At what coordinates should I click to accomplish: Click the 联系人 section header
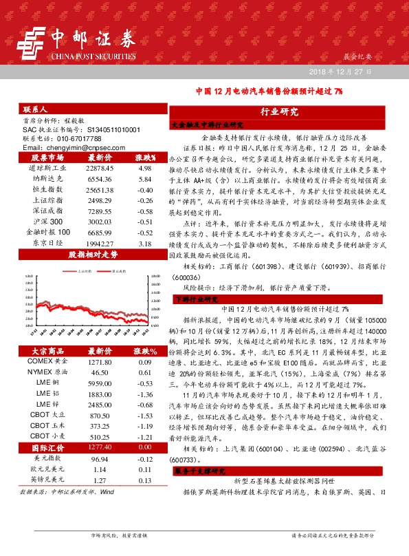[x=35, y=109]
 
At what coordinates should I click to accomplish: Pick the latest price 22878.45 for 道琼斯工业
[x=95, y=167]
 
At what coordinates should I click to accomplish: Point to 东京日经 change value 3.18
[x=144, y=243]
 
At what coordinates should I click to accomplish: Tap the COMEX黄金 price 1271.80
[x=95, y=361]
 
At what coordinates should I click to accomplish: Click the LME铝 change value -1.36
[x=144, y=394]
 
